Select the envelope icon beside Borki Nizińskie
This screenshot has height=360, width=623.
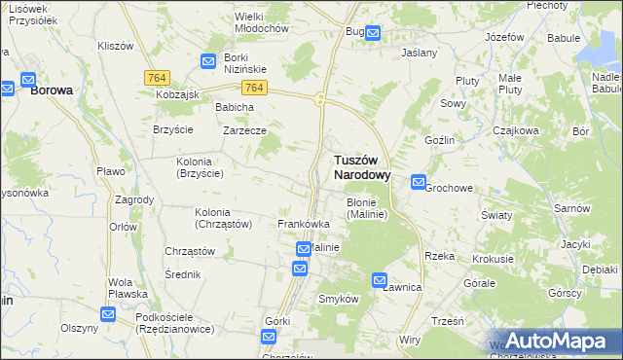[x=208, y=61]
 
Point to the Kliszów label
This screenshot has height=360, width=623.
[x=116, y=46]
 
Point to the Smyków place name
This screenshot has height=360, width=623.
[x=340, y=300]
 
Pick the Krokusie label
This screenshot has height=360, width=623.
[x=493, y=259]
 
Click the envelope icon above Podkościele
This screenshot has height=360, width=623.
[x=108, y=314]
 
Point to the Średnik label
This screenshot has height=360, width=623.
[x=183, y=274]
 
